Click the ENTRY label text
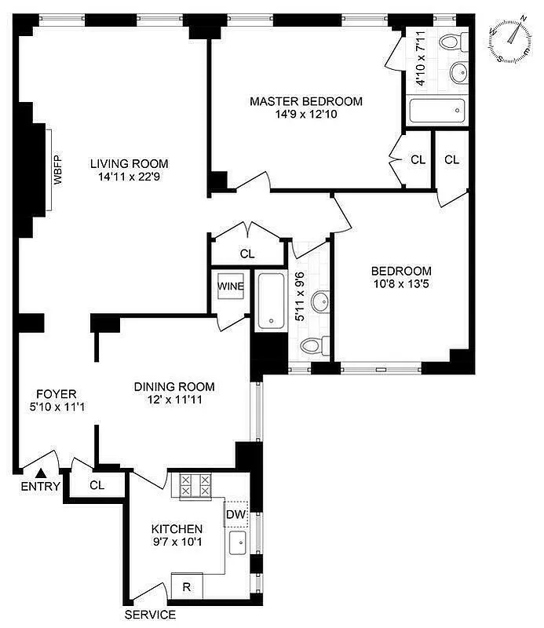tap(40, 487)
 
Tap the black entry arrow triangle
tap(41, 471)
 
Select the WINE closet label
tap(231, 287)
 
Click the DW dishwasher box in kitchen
tap(236, 514)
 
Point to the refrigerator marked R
tap(187, 586)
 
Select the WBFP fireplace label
tap(57, 170)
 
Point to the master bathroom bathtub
tap(436, 111)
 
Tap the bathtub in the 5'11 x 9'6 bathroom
tap(271, 300)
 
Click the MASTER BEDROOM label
tap(306, 101)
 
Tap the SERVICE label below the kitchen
tap(150, 615)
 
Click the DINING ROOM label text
tap(174, 387)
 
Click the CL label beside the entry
tap(97, 485)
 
